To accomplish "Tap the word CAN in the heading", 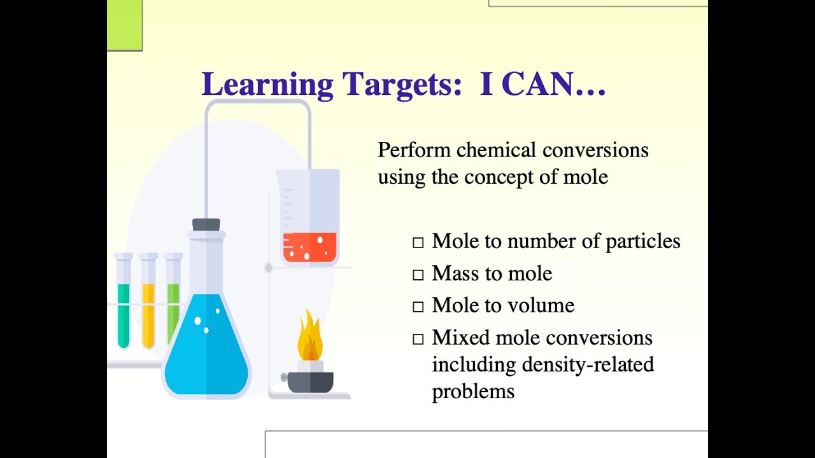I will pos(534,85).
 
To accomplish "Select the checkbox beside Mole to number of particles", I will pos(418,242).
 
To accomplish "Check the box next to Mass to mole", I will pos(418,275).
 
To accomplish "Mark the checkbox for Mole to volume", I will pos(418,307).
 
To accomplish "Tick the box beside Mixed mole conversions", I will pos(418,339).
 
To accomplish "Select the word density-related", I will pos(588,364).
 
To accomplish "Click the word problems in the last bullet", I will pos(473,391).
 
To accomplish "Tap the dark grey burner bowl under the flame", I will pos(310,382).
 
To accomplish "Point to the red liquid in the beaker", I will pos(309,247).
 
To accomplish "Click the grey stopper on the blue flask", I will pos(206,225).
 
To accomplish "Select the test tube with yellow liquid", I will pos(148,315).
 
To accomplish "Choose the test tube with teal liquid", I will pos(124,315).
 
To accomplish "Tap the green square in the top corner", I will pos(124,24).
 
